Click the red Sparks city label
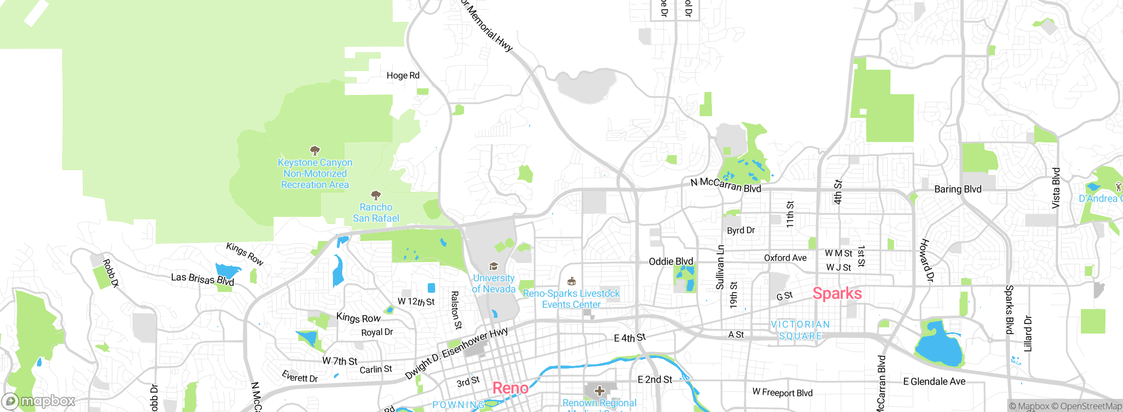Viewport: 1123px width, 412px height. tap(837, 293)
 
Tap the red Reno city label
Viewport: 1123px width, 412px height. tap(510, 388)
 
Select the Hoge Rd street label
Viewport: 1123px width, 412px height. tap(403, 75)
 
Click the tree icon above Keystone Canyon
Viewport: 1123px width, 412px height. tap(315, 151)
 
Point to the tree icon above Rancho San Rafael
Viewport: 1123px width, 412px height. tap(376, 195)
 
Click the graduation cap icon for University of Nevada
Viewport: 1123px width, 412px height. tap(494, 266)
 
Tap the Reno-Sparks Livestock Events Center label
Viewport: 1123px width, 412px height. tap(571, 298)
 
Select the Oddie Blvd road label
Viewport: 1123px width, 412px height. tap(671, 262)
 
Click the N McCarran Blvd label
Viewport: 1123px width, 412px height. tap(726, 185)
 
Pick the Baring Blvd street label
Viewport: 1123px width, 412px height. tap(958, 189)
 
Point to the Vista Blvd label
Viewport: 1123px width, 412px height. tap(1056, 188)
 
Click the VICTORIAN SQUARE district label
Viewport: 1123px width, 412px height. tap(800, 330)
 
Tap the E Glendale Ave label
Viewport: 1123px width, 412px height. tap(934, 381)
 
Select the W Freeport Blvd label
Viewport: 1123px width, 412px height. tap(782, 392)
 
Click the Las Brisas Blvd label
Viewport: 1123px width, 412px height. tap(202, 279)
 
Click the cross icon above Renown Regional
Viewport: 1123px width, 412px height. tap(599, 391)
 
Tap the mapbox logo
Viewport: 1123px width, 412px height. tap(39, 401)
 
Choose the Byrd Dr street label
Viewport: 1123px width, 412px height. tap(740, 230)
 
